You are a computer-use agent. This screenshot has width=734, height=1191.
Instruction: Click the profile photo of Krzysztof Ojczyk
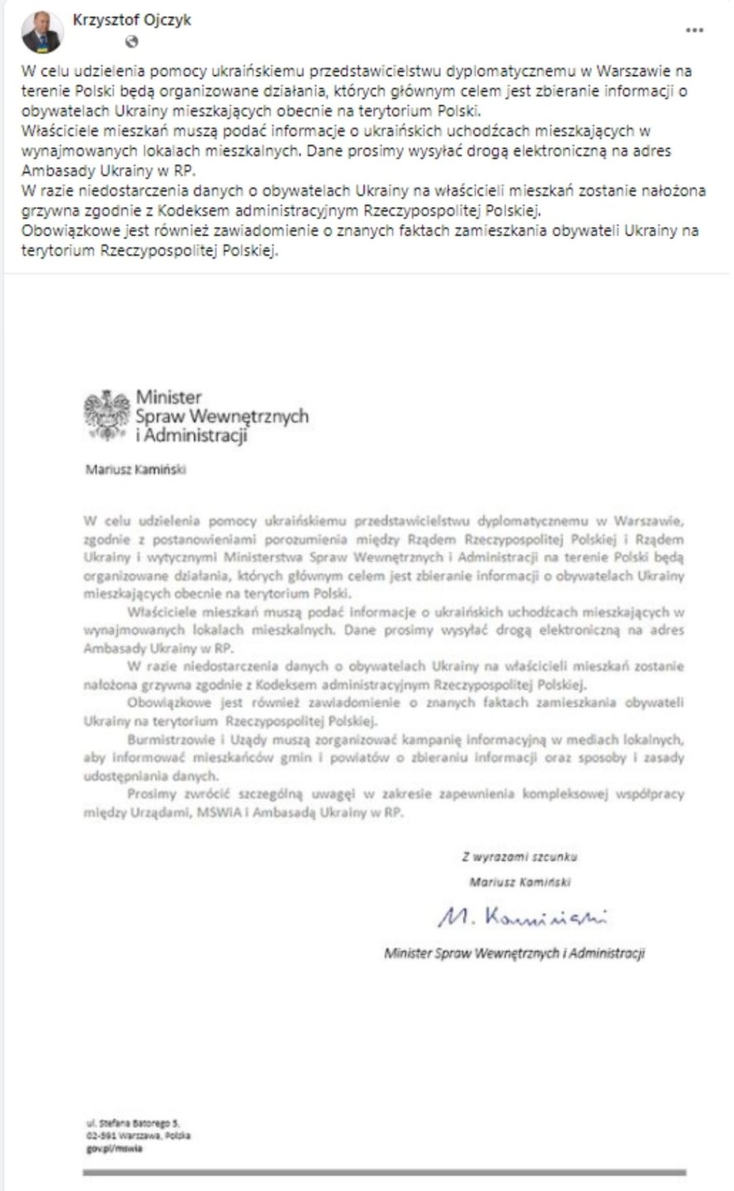[x=41, y=32]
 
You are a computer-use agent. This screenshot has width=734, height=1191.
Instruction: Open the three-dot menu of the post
[x=695, y=30]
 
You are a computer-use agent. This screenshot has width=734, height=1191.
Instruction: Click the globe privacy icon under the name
[x=132, y=41]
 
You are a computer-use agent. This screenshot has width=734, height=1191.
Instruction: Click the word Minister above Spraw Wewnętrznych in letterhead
[x=169, y=398]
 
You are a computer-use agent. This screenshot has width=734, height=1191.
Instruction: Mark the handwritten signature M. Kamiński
[x=521, y=916]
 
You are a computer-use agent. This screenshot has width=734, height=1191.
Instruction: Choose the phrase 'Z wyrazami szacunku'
[x=520, y=857]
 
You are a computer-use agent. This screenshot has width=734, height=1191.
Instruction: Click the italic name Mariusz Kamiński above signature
[x=520, y=882]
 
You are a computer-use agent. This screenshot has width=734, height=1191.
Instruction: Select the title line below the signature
[x=514, y=954]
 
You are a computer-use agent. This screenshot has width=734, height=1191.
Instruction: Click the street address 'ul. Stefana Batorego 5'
[x=132, y=1124]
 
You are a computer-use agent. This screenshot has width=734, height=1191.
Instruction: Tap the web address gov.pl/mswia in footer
[x=114, y=1148]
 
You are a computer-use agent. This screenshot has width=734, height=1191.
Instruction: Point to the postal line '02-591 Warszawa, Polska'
[x=137, y=1136]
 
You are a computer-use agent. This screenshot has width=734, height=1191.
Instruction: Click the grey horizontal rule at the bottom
[x=384, y=1172]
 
